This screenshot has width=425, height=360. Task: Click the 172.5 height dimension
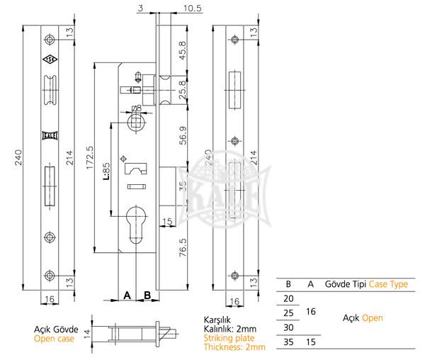[89, 157]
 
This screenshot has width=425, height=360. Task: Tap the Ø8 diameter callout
[136, 108]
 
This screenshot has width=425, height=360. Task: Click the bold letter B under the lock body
[147, 294]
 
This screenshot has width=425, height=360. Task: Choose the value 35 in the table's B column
[288, 342]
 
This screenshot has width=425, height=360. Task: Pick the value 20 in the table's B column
[288, 299]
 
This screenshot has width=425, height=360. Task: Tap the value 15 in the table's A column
[310, 342]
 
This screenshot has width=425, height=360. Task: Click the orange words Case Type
[389, 284]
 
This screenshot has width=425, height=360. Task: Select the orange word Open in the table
[373, 318]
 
